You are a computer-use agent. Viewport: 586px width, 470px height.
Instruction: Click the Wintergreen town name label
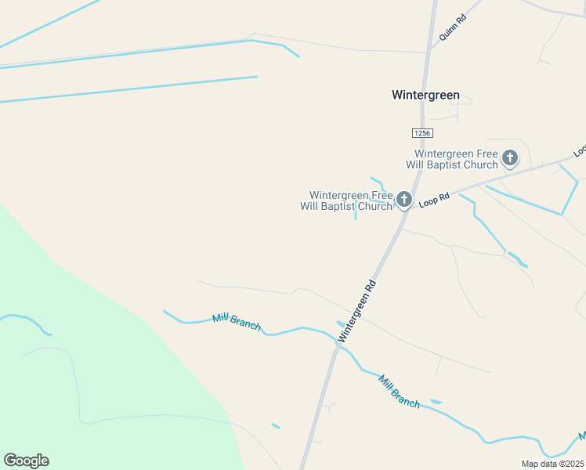pos(425,95)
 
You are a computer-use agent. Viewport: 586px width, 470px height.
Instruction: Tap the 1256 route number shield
pos(421,133)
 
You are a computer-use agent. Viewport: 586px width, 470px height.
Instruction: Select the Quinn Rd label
pos(453,28)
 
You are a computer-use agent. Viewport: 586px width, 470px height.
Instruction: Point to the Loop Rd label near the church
pos(434,201)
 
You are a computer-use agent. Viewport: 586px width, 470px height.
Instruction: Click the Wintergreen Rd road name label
pos(357,311)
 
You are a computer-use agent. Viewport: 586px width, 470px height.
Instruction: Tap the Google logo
pos(26,461)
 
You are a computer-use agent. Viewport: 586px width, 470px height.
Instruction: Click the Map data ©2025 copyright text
pos(552,464)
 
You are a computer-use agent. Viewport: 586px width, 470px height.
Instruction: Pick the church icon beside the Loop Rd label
pos(404,200)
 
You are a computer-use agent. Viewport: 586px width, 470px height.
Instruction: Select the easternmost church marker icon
pos(510,159)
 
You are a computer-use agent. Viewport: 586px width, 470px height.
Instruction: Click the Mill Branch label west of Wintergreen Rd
pos(236,321)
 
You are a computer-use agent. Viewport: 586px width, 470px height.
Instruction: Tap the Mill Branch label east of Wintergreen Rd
pos(399,392)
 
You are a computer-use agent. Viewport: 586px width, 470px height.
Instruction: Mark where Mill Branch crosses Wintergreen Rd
pos(336,345)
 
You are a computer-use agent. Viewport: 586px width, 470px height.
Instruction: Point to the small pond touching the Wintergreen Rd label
pos(340,323)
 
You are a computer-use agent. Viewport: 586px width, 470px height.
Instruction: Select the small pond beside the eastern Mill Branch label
pos(436,402)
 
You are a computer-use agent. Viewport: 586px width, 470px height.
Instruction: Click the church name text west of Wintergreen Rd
pos(345,201)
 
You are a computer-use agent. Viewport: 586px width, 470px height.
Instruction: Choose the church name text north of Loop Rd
pos(456,159)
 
